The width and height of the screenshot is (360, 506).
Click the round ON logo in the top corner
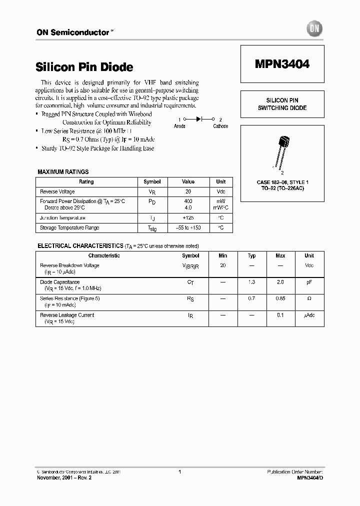coord(315,29)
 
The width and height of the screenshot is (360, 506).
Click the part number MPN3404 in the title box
coord(282,64)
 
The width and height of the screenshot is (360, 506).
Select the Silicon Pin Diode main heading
coord(84,67)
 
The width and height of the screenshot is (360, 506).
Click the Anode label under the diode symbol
coord(179,126)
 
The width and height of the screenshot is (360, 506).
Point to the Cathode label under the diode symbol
coord(220,126)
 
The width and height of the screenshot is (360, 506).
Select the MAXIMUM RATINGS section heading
coord(63,172)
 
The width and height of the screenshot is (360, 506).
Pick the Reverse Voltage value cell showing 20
coord(188,191)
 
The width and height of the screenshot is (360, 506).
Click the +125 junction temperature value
coord(188,218)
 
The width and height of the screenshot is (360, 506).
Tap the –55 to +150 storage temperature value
coord(188,228)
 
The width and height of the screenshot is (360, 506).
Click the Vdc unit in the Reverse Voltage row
coord(220,191)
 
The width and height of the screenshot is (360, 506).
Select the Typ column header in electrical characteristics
coord(251,255)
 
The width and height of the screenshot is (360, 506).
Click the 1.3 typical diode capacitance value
coord(251,282)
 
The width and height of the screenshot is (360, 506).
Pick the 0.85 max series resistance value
coord(280,298)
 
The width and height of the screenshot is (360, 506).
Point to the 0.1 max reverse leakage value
coord(280,315)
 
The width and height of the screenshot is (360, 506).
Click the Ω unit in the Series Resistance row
coord(309,298)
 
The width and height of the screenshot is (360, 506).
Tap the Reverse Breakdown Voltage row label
coord(69,265)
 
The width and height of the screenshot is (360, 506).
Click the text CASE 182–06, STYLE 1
coord(282,183)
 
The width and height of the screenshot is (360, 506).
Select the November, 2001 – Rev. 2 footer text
coord(64,478)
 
